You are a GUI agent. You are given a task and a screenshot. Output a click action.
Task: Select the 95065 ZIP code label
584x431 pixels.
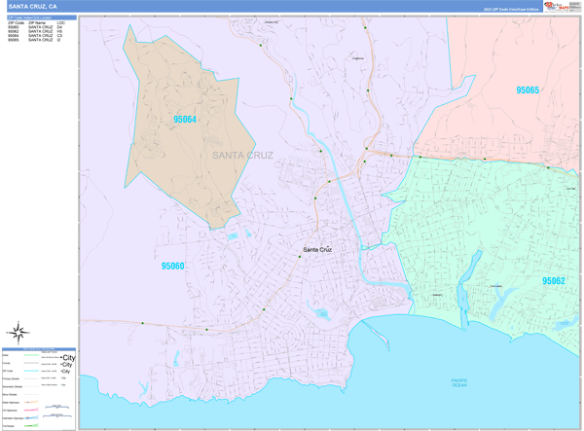[528, 90]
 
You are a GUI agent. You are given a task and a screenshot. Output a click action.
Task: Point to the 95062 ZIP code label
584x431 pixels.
[554, 280]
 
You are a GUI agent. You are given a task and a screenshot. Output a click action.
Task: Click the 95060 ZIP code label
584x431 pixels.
[173, 265]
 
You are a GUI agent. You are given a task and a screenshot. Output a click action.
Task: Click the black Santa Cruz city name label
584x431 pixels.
[317, 250]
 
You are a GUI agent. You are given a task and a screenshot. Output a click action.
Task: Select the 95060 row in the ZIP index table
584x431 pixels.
[15, 27]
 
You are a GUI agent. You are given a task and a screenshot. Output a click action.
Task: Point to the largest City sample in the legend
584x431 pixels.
[69, 358]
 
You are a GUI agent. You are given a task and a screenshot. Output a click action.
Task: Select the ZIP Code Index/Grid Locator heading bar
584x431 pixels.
[39, 18]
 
